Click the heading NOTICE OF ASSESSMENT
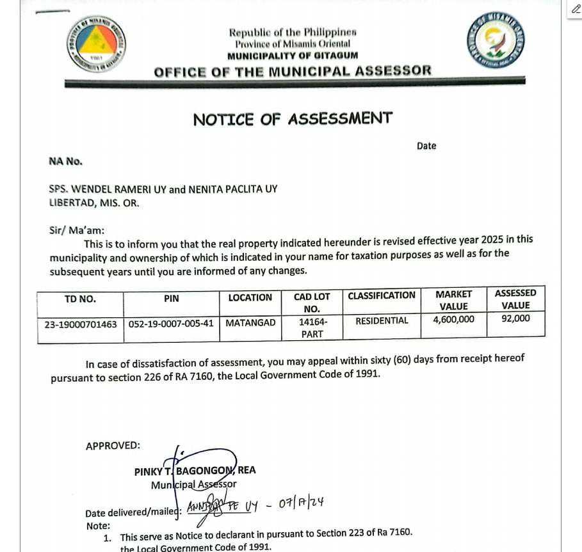pos(293,119)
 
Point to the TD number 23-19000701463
pos(81,324)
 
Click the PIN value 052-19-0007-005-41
pos(171,324)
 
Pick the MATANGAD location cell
pos(250,323)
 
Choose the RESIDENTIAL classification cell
pos(382,321)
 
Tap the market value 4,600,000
pos(453,319)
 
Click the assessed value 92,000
pos(515,318)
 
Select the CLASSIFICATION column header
pos(382,296)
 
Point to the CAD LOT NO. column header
pos(312,303)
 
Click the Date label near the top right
pos(426,146)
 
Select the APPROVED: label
pos(113,446)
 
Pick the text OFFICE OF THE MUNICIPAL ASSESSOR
pos(293,71)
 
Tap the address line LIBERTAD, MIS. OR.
pos(94,203)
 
